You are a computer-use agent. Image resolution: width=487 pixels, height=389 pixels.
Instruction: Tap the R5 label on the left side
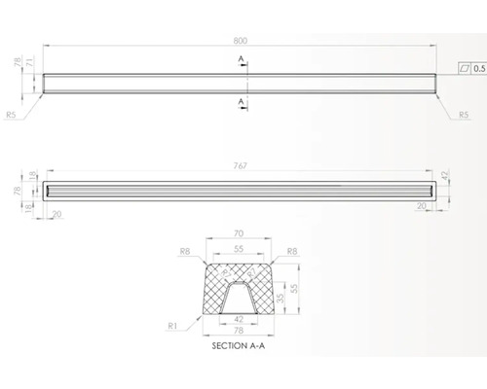(x=12, y=116)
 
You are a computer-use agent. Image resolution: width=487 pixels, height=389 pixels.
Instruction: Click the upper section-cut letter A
(x=240, y=58)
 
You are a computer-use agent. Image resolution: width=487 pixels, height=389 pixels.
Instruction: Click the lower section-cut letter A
(x=240, y=100)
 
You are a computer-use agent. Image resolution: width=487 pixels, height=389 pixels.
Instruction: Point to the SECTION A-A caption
(x=241, y=344)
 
